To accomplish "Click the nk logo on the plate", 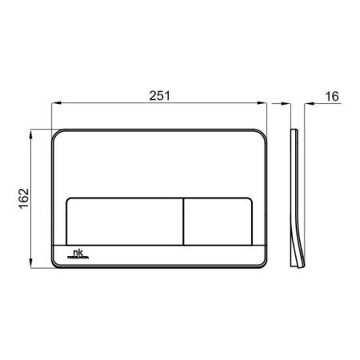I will [x=77, y=251].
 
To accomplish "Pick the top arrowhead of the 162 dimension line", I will [x=32, y=131].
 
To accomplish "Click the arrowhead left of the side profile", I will [x=286, y=103].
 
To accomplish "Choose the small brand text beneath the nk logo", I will [x=78, y=257].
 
